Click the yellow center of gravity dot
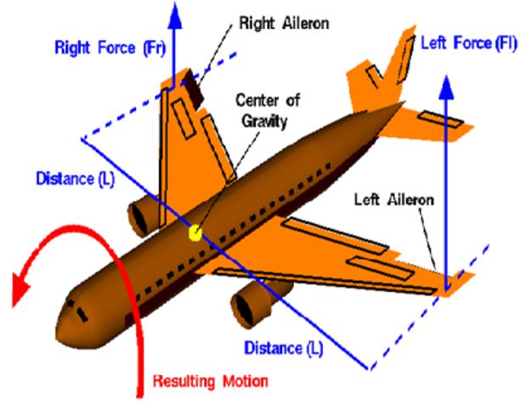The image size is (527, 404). (x=195, y=233)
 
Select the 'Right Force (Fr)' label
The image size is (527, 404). (x=110, y=48)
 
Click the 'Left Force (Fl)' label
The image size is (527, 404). (x=469, y=43)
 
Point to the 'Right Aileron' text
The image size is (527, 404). (x=284, y=24)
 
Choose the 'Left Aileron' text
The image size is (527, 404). (x=394, y=200)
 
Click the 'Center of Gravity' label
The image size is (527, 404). (x=268, y=110)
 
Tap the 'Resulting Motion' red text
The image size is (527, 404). (x=211, y=381)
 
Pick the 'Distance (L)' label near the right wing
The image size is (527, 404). (x=76, y=178)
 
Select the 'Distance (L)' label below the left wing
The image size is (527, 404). (x=284, y=348)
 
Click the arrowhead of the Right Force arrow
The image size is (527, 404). (x=174, y=15)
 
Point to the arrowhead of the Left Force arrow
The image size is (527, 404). (x=446, y=88)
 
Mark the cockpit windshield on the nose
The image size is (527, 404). (x=78, y=311)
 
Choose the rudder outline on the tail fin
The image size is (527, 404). (x=405, y=59)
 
